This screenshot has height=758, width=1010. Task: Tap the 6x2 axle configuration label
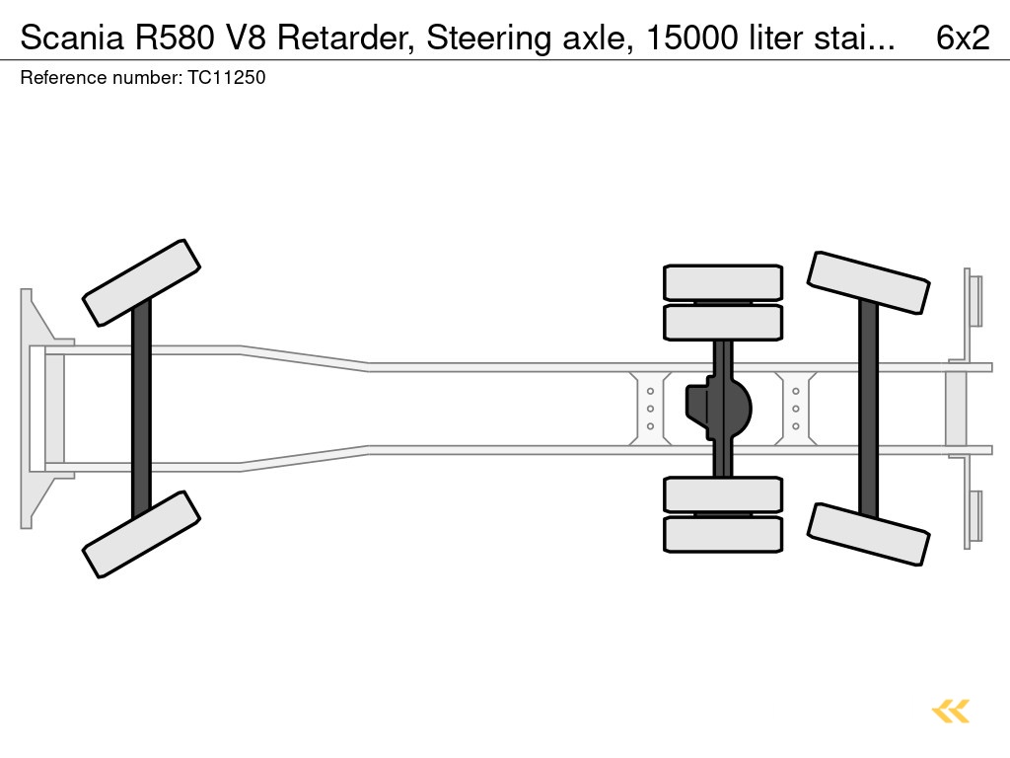point(962,38)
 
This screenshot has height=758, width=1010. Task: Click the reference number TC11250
point(226,77)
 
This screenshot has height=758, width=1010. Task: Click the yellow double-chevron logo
point(950,711)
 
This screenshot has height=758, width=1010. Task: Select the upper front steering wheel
point(142,282)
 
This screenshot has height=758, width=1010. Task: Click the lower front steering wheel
point(142,534)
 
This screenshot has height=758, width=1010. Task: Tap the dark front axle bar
point(142,409)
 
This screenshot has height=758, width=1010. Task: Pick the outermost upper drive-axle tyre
point(723,282)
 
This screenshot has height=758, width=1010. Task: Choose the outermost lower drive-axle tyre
point(723,534)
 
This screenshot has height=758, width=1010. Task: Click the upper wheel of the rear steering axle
point(868,282)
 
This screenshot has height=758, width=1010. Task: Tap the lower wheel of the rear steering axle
point(868,534)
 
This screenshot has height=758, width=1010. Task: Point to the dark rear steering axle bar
point(868,409)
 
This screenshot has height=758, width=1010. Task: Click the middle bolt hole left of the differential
point(651,409)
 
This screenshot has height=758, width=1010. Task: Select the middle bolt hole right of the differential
point(796,409)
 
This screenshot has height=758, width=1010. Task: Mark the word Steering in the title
point(483,38)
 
